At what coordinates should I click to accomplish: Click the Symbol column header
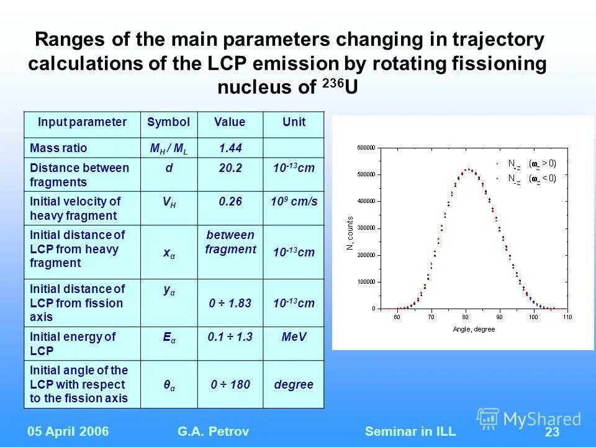(x=169, y=122)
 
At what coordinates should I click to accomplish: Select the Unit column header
(x=294, y=122)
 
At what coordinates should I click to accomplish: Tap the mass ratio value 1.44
(x=230, y=148)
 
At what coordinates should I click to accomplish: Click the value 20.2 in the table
(x=230, y=168)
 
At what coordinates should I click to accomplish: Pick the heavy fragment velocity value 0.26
(x=230, y=202)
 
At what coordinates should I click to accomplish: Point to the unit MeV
(x=294, y=336)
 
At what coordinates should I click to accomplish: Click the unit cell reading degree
(x=294, y=385)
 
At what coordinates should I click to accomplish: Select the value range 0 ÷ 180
(x=230, y=385)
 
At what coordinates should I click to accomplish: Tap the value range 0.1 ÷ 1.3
(x=230, y=336)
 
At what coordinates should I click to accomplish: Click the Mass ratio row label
(x=59, y=148)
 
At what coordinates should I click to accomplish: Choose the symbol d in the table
(x=169, y=168)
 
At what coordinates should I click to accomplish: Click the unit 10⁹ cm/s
(x=294, y=202)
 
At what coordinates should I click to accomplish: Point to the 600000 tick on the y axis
(x=365, y=148)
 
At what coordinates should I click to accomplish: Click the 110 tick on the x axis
(x=566, y=317)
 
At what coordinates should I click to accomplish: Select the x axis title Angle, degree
(x=474, y=329)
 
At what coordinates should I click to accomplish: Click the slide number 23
(x=551, y=433)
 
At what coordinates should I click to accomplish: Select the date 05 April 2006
(x=68, y=431)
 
